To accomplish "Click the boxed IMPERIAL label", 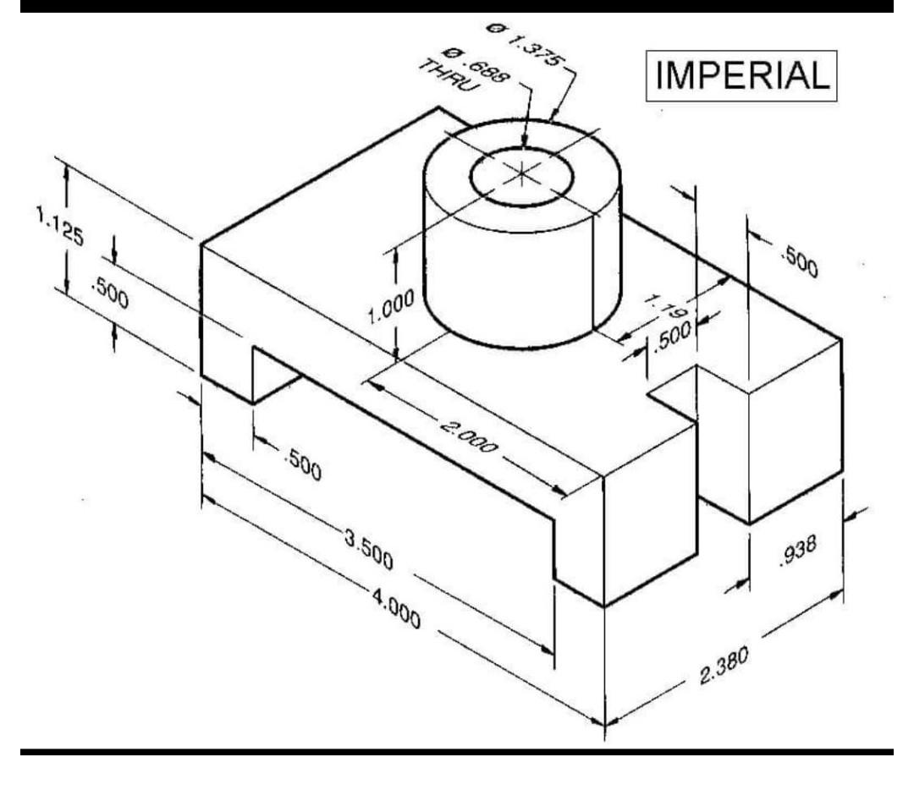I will (742, 76).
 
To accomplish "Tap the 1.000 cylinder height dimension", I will (391, 308).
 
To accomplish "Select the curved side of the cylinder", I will (508, 279).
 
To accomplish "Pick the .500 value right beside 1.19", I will (674, 336).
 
